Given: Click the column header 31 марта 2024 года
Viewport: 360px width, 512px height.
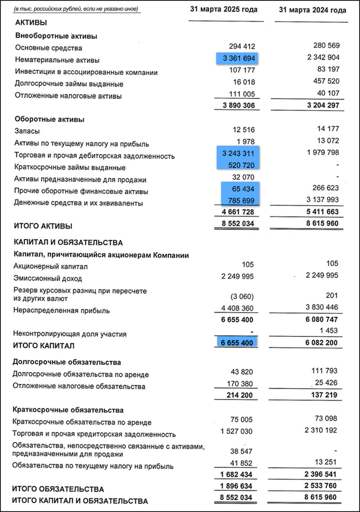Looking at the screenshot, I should pyautogui.click(x=312, y=10).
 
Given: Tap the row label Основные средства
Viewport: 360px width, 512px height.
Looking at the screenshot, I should pyautogui.click(x=49, y=48).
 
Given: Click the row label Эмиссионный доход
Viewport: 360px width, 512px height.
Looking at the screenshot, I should pyautogui.click(x=47, y=279).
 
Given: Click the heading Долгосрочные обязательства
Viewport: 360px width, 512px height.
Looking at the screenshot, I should pyautogui.click(x=67, y=362).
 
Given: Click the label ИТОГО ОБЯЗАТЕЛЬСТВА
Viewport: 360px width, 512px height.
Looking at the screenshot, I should pyautogui.click(x=58, y=489).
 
